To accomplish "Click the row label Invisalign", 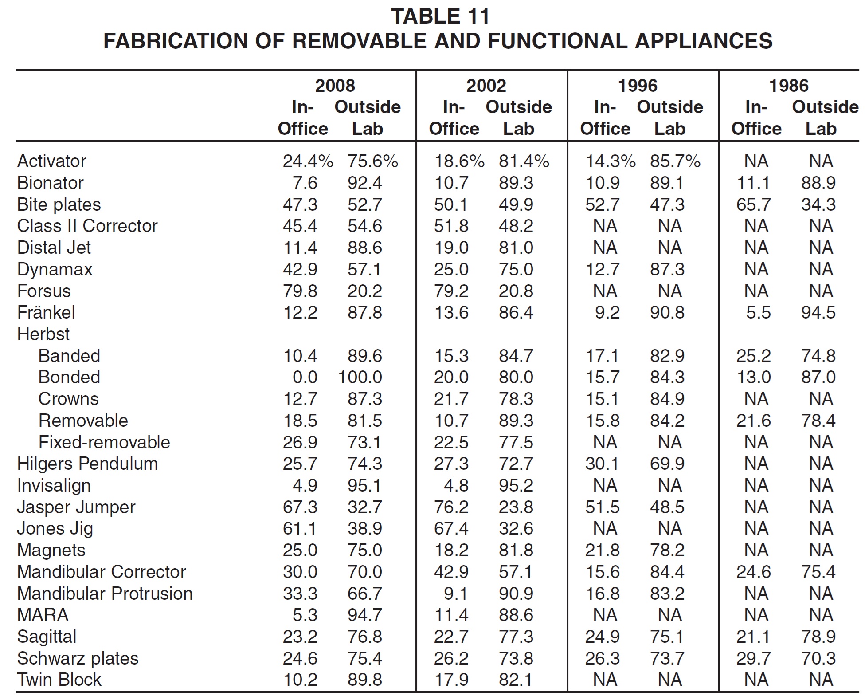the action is [54, 486].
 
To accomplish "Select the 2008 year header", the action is [335, 86].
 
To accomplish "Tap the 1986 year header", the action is [789, 86].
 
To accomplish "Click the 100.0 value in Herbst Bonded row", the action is [360, 378].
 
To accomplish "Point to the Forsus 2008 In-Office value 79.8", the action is [300, 291].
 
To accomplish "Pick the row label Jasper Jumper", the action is [76, 507].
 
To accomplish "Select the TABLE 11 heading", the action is [440, 17].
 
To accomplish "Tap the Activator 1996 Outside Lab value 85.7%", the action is [675, 161].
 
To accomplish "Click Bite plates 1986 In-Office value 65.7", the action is [753, 205].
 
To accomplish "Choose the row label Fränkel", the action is [46, 313].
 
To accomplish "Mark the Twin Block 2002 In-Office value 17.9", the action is [451, 680].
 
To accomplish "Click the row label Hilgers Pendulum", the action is [87, 464].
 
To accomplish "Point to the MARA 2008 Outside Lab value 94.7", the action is [365, 615].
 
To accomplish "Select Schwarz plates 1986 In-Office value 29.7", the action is [753, 659].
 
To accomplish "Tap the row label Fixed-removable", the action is [104, 442].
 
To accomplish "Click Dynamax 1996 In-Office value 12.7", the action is [603, 270].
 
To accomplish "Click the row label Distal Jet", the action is [54, 248].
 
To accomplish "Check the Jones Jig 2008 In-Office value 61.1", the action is [300, 529].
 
